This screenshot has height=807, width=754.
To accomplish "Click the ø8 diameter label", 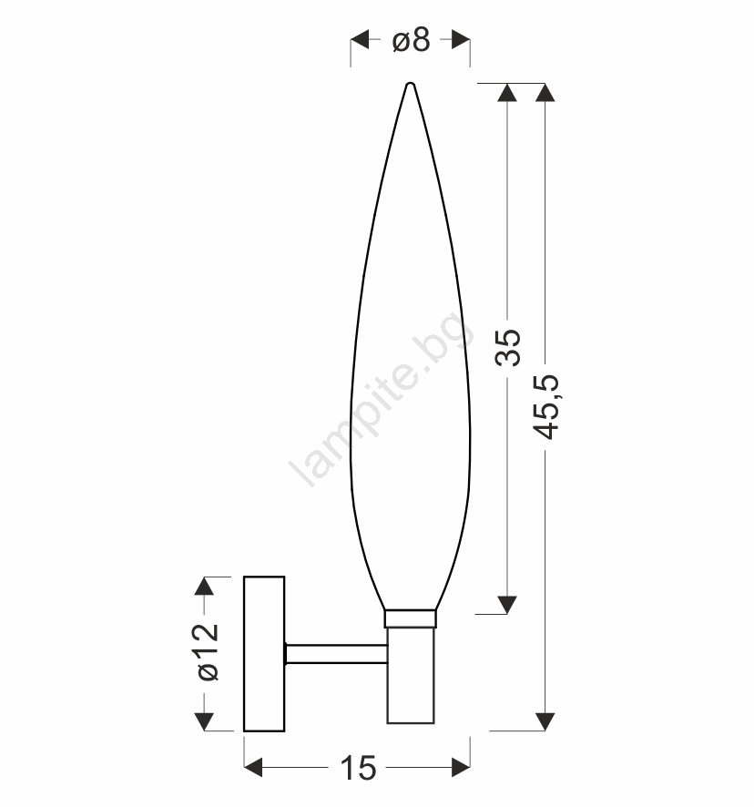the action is pos(411,40).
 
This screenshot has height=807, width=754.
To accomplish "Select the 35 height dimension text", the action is pos(507,347).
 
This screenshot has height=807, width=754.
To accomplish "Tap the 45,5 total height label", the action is pos(545,407).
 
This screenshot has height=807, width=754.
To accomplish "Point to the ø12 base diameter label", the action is pos(209,652).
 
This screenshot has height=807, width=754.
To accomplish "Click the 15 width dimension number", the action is pos(358,769).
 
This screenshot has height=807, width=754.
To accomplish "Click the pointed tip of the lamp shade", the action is pos(410,84).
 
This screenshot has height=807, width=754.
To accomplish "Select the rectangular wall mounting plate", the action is pos(264,654).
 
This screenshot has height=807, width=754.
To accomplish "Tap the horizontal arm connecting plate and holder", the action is pos(336,654).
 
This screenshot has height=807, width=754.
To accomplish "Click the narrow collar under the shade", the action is pos(410,618).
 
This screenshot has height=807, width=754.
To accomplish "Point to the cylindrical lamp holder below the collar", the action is pos(411,675).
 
